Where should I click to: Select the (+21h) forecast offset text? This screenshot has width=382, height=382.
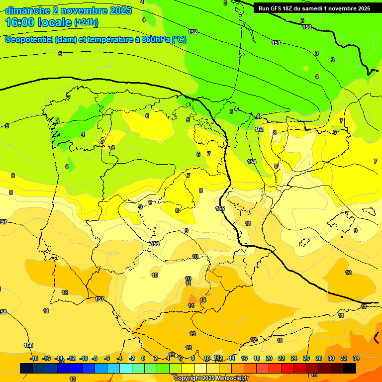(86, 22)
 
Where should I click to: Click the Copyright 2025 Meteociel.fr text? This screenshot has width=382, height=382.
(211, 378)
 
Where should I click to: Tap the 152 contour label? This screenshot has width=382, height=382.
(192, 32)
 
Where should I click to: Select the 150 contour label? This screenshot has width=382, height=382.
(307, 27)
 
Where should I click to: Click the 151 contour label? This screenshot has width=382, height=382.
(276, 43)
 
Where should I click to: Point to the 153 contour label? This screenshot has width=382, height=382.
(259, 129)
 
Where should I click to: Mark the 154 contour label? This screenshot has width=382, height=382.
(252, 162)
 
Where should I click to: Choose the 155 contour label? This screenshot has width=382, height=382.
(220, 208)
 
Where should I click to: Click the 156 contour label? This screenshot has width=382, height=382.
(155, 244)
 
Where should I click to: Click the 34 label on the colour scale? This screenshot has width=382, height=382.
(356, 358)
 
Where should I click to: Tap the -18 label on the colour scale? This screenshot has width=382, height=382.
(34, 358)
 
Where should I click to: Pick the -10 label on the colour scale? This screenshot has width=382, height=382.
(84, 358)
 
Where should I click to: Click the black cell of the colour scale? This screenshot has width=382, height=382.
(350, 368)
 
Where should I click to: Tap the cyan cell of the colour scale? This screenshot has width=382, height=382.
(126, 368)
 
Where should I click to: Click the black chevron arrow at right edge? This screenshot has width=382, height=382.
(377, 338)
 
